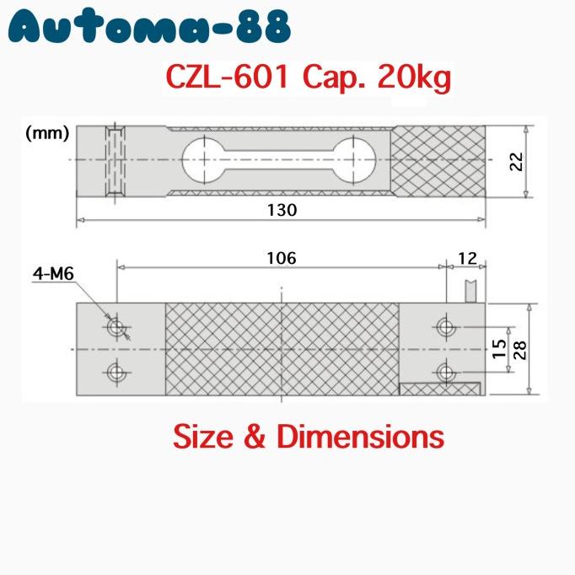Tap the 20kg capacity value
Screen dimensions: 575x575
(414, 80)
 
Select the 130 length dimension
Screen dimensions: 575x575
(281, 210)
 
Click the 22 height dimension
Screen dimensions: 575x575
(516, 161)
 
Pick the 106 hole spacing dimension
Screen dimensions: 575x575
(281, 258)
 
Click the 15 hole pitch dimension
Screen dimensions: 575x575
(500, 349)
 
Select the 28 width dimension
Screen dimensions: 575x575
(521, 349)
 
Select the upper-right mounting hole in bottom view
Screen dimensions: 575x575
(445, 325)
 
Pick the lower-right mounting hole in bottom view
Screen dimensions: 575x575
(445, 372)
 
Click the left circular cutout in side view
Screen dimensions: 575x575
(201, 159)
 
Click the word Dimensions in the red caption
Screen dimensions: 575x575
(360, 437)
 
